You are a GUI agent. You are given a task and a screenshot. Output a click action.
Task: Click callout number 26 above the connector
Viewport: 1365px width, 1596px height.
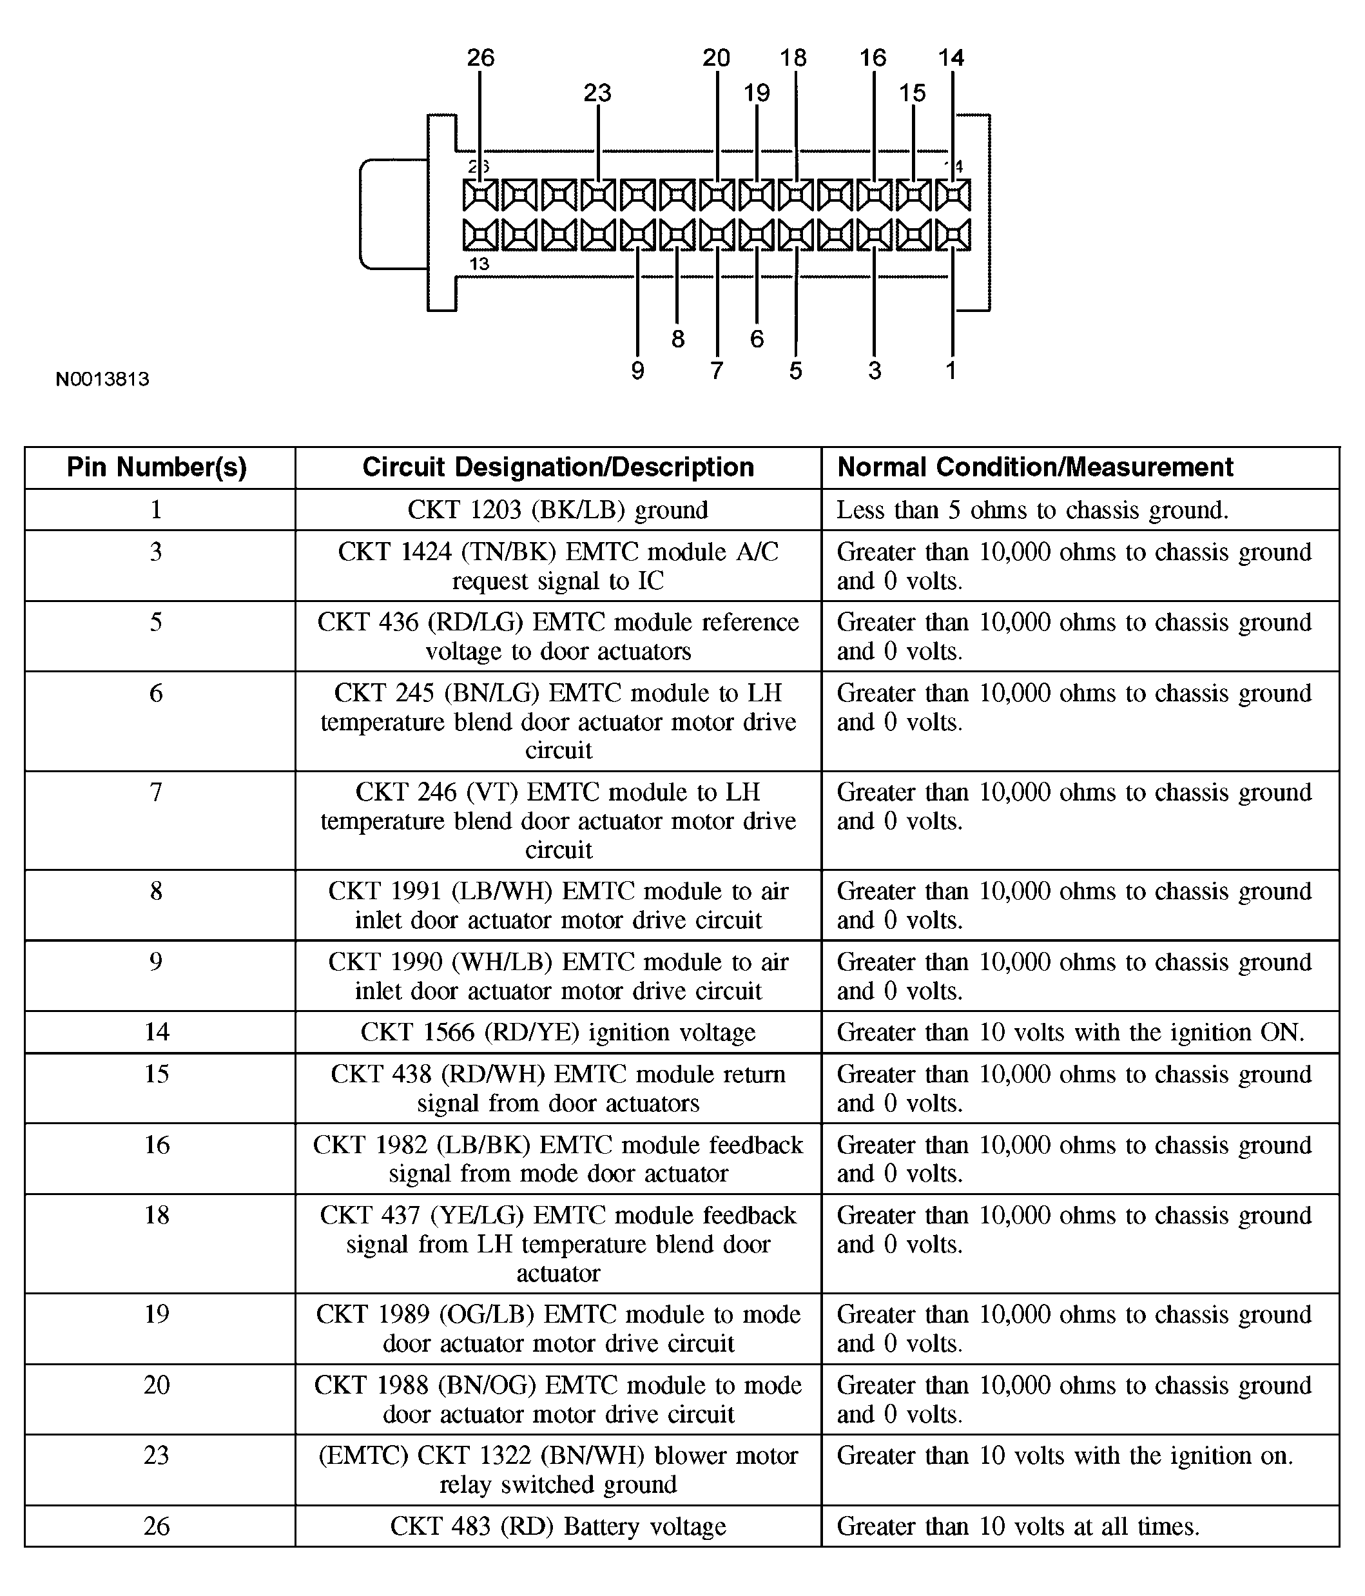pos(481,58)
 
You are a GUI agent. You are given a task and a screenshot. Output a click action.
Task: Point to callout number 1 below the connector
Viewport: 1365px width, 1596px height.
pos(951,371)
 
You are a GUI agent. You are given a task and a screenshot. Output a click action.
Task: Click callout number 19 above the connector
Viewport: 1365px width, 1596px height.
pos(757,93)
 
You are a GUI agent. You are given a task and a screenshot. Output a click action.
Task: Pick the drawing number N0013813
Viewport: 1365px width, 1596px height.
pos(102,379)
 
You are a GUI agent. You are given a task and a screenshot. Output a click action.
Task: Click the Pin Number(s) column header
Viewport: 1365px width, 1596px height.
pos(157,467)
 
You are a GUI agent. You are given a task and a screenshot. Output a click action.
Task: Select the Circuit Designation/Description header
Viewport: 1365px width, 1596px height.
pos(557,467)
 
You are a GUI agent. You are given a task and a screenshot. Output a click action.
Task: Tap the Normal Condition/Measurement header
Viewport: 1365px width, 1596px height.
pos(1034,467)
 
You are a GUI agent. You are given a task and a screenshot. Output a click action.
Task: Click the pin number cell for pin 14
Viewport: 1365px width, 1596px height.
pos(157,1031)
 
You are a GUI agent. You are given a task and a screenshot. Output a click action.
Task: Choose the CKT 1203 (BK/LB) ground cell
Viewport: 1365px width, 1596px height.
pos(557,509)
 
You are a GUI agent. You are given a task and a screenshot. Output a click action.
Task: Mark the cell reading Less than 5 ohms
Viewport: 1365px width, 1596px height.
pos(1032,509)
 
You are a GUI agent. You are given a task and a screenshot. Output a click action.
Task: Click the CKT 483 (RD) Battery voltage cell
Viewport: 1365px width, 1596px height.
pos(557,1526)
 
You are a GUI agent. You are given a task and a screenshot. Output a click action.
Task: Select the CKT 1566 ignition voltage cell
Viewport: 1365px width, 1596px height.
pos(557,1031)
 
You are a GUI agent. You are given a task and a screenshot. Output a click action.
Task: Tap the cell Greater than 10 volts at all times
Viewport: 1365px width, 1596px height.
pos(1018,1526)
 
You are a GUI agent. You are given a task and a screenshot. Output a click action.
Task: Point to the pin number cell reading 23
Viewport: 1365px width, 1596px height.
pos(157,1455)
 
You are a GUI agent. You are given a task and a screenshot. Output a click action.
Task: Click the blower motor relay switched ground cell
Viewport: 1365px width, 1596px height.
pos(557,1470)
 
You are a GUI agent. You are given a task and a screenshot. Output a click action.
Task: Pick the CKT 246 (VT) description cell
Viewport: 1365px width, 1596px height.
pos(557,821)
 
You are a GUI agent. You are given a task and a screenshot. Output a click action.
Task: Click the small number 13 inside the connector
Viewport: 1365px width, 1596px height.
pos(479,264)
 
